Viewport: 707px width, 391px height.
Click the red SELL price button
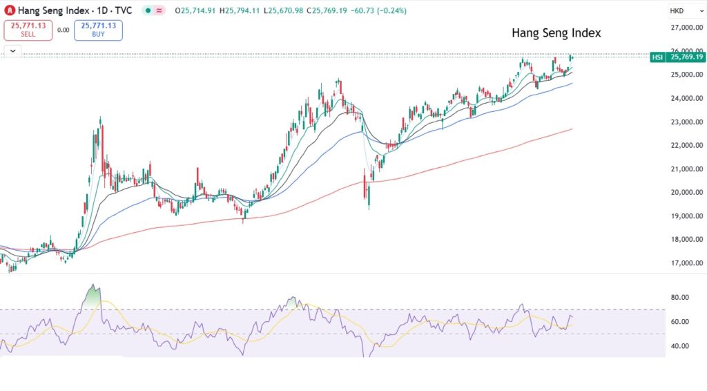(28, 30)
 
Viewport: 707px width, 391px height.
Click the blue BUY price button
(98, 30)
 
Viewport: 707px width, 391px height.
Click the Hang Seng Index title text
(556, 33)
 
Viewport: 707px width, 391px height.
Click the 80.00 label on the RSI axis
(680, 298)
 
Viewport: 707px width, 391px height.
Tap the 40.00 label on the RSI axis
(680, 346)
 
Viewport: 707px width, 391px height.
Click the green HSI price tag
(657, 57)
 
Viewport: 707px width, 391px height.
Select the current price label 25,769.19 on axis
(686, 57)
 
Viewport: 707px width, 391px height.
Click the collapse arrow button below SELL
(13, 50)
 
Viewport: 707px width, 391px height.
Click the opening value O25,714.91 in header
(196, 11)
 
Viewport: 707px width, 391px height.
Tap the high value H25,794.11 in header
(240, 11)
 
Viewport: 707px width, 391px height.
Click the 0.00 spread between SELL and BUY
(63, 30)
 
